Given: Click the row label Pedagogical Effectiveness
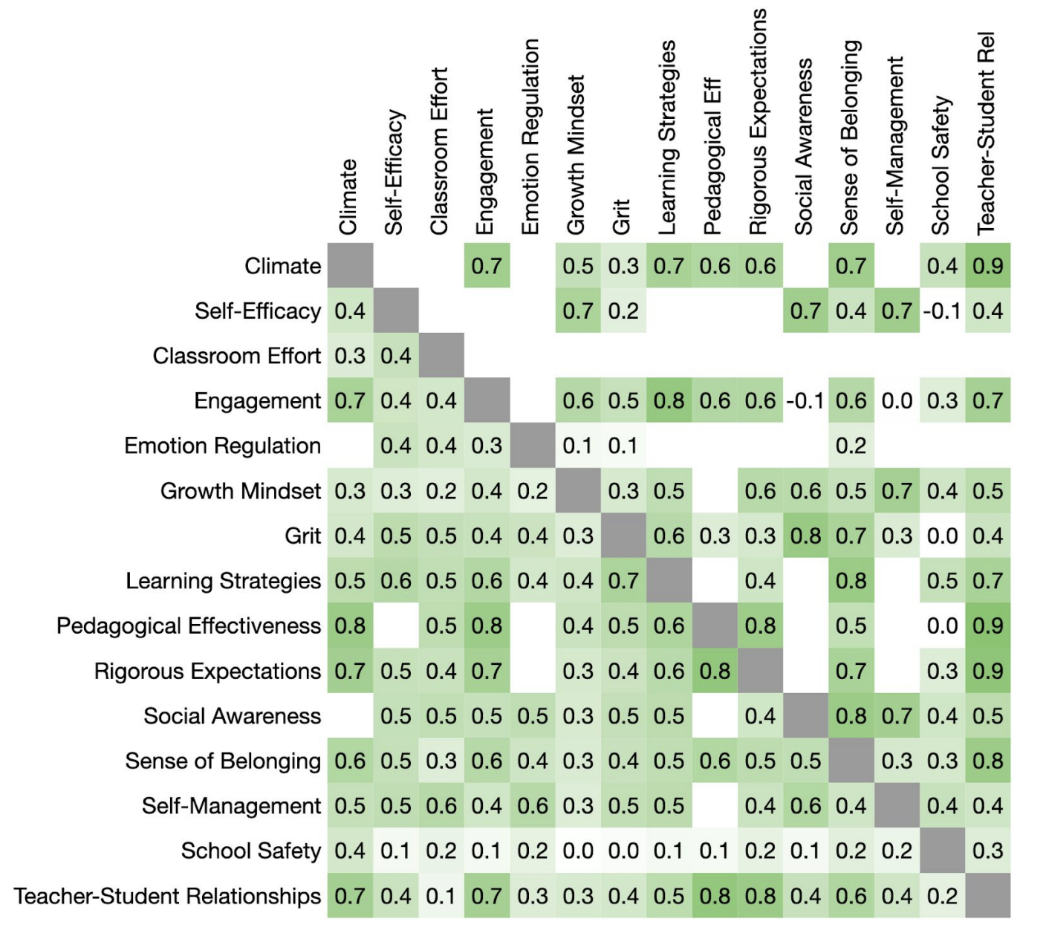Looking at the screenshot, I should [x=189, y=625].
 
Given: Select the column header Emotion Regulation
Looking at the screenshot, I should [x=530, y=137].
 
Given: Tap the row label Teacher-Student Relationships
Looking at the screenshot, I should [x=167, y=896].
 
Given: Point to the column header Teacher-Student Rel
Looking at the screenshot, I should [x=986, y=134].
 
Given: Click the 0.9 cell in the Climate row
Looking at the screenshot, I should [x=988, y=266].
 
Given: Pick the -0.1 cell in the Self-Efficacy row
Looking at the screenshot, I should [x=942, y=311].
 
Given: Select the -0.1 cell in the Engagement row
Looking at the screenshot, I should [x=805, y=401].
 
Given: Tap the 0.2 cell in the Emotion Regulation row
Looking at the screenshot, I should [x=851, y=446].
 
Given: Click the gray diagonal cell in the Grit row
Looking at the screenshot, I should [x=623, y=536].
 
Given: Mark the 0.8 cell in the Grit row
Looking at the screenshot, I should [x=805, y=536].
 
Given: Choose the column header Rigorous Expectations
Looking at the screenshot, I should [x=758, y=123].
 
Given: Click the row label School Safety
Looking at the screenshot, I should [x=251, y=851].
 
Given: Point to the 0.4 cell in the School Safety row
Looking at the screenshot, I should [x=350, y=851].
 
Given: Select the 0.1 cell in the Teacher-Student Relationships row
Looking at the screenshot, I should [x=441, y=896].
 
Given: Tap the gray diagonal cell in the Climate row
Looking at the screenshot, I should [x=350, y=266].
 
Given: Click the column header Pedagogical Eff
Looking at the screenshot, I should [x=712, y=156].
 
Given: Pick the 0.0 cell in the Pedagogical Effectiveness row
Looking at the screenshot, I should [x=942, y=625].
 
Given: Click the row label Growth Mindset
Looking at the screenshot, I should [x=241, y=491].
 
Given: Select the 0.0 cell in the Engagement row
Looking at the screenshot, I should [x=897, y=401].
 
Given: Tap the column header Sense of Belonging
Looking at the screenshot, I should [x=850, y=137].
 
